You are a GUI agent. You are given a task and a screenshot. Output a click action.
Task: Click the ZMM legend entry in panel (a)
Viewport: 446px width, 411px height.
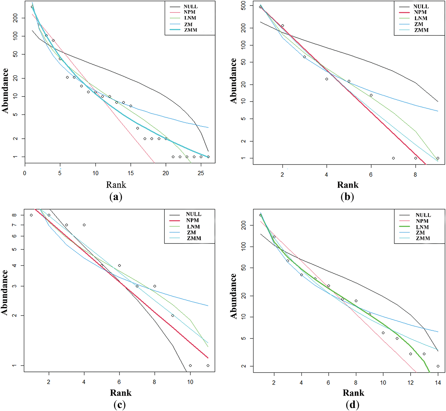point(191,30)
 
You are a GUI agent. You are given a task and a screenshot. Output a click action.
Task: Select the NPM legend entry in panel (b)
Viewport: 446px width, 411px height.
point(420,12)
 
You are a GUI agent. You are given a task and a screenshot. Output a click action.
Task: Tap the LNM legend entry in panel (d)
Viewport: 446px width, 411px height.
point(422,227)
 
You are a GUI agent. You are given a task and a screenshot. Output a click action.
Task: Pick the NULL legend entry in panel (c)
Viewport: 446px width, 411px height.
point(193,214)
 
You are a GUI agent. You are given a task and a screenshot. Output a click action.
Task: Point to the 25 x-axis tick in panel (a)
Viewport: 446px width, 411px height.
point(201,173)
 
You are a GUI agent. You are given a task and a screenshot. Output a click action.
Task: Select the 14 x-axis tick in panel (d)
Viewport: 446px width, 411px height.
point(438,382)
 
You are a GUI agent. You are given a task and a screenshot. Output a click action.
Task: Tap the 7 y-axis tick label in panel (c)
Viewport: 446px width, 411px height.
point(14,225)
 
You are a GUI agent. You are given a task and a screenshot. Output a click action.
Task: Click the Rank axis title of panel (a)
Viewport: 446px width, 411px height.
point(116,185)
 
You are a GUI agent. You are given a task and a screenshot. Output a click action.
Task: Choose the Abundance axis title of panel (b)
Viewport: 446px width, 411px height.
point(233,81)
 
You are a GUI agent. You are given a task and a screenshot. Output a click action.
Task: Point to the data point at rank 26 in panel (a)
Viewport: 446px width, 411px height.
point(208,157)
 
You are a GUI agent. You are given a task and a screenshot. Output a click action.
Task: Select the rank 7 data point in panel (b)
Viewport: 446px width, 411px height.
point(393,158)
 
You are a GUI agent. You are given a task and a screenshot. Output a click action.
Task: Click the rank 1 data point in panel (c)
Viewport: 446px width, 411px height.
point(31,215)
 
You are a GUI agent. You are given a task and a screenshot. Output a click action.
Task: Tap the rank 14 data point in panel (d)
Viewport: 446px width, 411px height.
point(438,366)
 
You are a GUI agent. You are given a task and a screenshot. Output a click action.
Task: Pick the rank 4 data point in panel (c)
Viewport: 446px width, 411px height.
point(84,225)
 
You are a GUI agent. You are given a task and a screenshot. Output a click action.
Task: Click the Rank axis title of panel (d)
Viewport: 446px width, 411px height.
point(353,393)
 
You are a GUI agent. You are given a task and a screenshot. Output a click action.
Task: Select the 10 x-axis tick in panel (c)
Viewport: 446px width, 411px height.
point(190,382)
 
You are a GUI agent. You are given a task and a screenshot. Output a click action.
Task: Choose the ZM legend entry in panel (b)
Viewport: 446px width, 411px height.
point(419,24)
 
